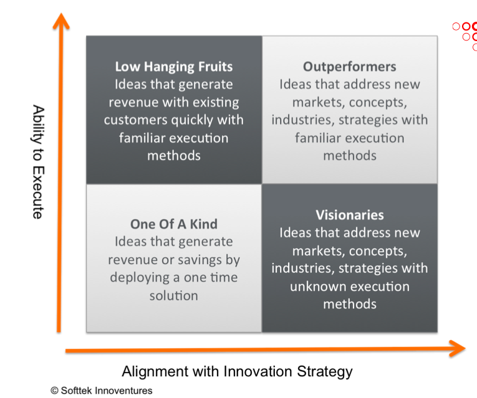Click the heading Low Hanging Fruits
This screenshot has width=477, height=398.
173,67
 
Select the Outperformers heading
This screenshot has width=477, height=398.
349,67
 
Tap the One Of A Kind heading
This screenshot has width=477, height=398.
173,224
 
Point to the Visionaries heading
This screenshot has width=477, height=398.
349,215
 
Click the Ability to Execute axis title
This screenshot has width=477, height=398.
38,161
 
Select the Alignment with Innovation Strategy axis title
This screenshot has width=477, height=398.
237,372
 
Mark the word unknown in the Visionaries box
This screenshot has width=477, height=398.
319,287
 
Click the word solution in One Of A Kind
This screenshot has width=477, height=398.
173,296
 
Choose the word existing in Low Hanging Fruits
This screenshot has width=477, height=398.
215,102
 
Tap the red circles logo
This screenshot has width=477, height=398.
466,34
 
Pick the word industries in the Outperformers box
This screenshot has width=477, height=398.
298,120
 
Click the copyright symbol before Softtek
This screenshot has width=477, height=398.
55,391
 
